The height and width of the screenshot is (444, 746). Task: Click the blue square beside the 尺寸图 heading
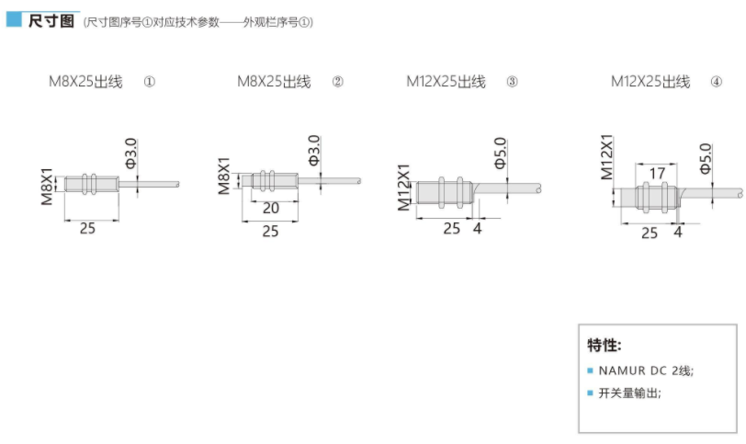point(14,19)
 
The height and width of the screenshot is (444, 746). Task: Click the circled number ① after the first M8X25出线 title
point(150,82)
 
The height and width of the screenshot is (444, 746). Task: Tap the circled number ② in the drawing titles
point(337,82)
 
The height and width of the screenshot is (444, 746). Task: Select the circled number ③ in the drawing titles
point(512,82)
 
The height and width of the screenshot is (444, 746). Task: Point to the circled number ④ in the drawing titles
point(716,82)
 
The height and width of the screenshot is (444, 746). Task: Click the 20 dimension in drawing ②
point(271,208)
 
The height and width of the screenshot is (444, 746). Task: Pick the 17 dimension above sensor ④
point(657,173)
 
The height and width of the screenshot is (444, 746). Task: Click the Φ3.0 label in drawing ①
point(130,154)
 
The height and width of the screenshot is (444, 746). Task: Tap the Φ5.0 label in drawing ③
point(500,154)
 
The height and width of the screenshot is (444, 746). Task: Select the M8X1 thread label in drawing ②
point(223,176)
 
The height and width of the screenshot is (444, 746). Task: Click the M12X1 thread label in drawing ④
point(606,157)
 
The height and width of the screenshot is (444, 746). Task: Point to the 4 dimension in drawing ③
point(477,228)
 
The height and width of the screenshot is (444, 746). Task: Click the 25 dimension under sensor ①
point(87,228)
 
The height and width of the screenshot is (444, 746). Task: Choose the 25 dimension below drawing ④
point(650,233)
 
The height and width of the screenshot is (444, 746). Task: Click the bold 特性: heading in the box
point(605,345)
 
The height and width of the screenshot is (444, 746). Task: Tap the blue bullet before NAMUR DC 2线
point(591,370)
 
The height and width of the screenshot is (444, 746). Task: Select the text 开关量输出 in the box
point(628,393)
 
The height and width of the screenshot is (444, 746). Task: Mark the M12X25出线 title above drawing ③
point(446,82)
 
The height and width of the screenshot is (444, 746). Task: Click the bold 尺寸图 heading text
point(51,21)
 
